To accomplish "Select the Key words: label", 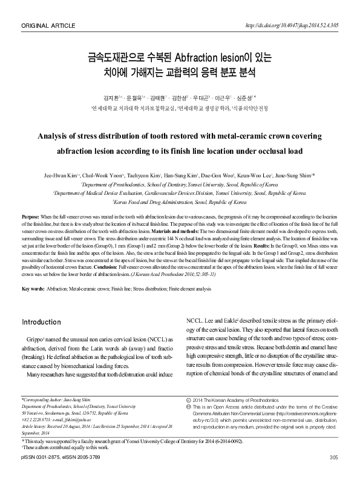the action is coord(33,289).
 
